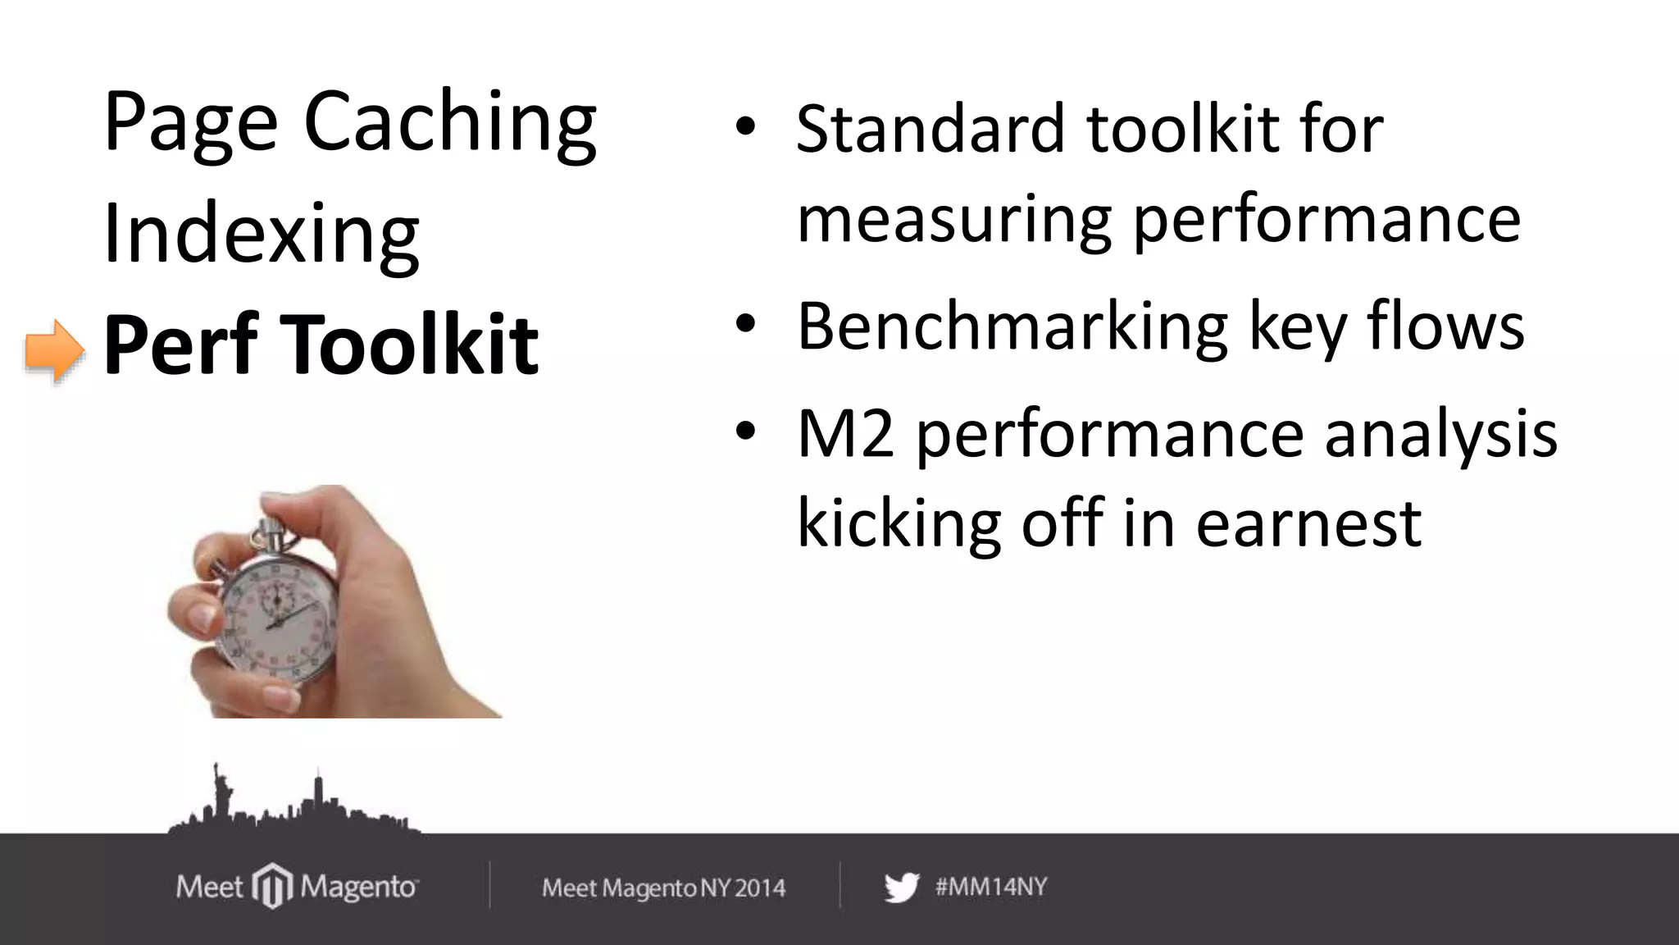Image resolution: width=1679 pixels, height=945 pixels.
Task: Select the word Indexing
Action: click(x=261, y=235)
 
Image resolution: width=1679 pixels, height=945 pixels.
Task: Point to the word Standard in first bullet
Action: click(x=930, y=129)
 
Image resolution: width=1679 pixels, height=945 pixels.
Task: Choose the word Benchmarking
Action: click(x=1012, y=326)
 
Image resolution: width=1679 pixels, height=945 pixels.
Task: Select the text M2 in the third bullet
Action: click(x=845, y=435)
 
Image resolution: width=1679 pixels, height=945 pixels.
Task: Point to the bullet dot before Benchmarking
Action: click(x=744, y=324)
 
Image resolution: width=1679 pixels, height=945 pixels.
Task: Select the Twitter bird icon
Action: click(x=902, y=888)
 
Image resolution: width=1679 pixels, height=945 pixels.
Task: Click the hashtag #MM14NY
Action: click(x=991, y=887)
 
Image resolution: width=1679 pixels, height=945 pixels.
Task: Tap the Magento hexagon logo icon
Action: click(x=272, y=886)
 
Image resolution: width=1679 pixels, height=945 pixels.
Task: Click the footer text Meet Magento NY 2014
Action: click(x=663, y=888)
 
